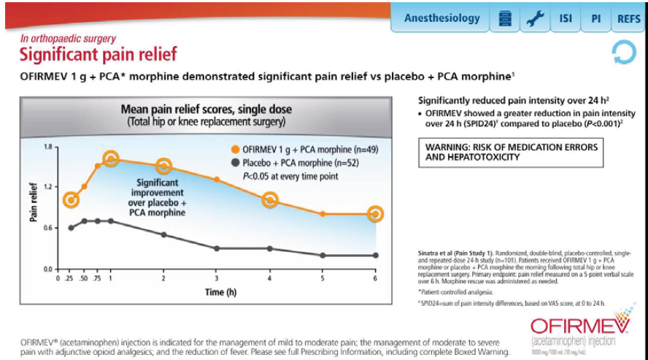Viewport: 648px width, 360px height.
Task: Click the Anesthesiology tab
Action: [x=441, y=18]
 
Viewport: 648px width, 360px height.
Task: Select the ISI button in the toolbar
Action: [x=566, y=18]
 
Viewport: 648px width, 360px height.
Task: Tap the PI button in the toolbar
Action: [x=595, y=18]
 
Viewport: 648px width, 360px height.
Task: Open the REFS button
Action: [x=628, y=18]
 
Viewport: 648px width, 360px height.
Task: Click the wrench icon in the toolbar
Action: [x=533, y=18]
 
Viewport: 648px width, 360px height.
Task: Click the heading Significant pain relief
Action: [x=98, y=54]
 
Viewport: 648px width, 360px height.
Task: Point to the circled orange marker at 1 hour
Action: [x=111, y=158]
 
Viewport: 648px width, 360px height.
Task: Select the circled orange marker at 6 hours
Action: [x=375, y=214]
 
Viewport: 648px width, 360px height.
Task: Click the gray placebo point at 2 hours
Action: [x=164, y=234]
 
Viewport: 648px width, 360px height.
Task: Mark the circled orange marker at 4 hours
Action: [x=269, y=199]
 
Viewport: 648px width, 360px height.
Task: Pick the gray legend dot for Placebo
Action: [x=236, y=163]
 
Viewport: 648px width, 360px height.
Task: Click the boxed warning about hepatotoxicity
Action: [x=511, y=152]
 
